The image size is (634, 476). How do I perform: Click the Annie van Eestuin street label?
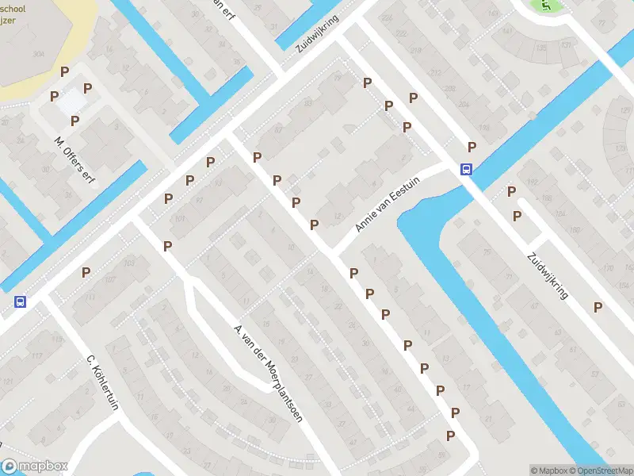pos(388,205)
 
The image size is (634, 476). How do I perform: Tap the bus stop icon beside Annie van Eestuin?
pos(466,169)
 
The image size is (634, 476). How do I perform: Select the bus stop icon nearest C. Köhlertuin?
pos(19,301)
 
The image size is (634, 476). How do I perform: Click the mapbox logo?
pos(35,466)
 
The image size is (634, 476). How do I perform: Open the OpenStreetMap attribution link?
pos(600,470)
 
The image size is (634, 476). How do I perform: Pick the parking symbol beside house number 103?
pos(86,273)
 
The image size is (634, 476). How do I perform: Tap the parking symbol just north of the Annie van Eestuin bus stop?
pos(472,147)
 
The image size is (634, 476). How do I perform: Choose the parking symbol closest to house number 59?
pos(450,436)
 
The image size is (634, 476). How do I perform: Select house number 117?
pos(56,339)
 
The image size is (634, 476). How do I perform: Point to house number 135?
pos(541,48)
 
